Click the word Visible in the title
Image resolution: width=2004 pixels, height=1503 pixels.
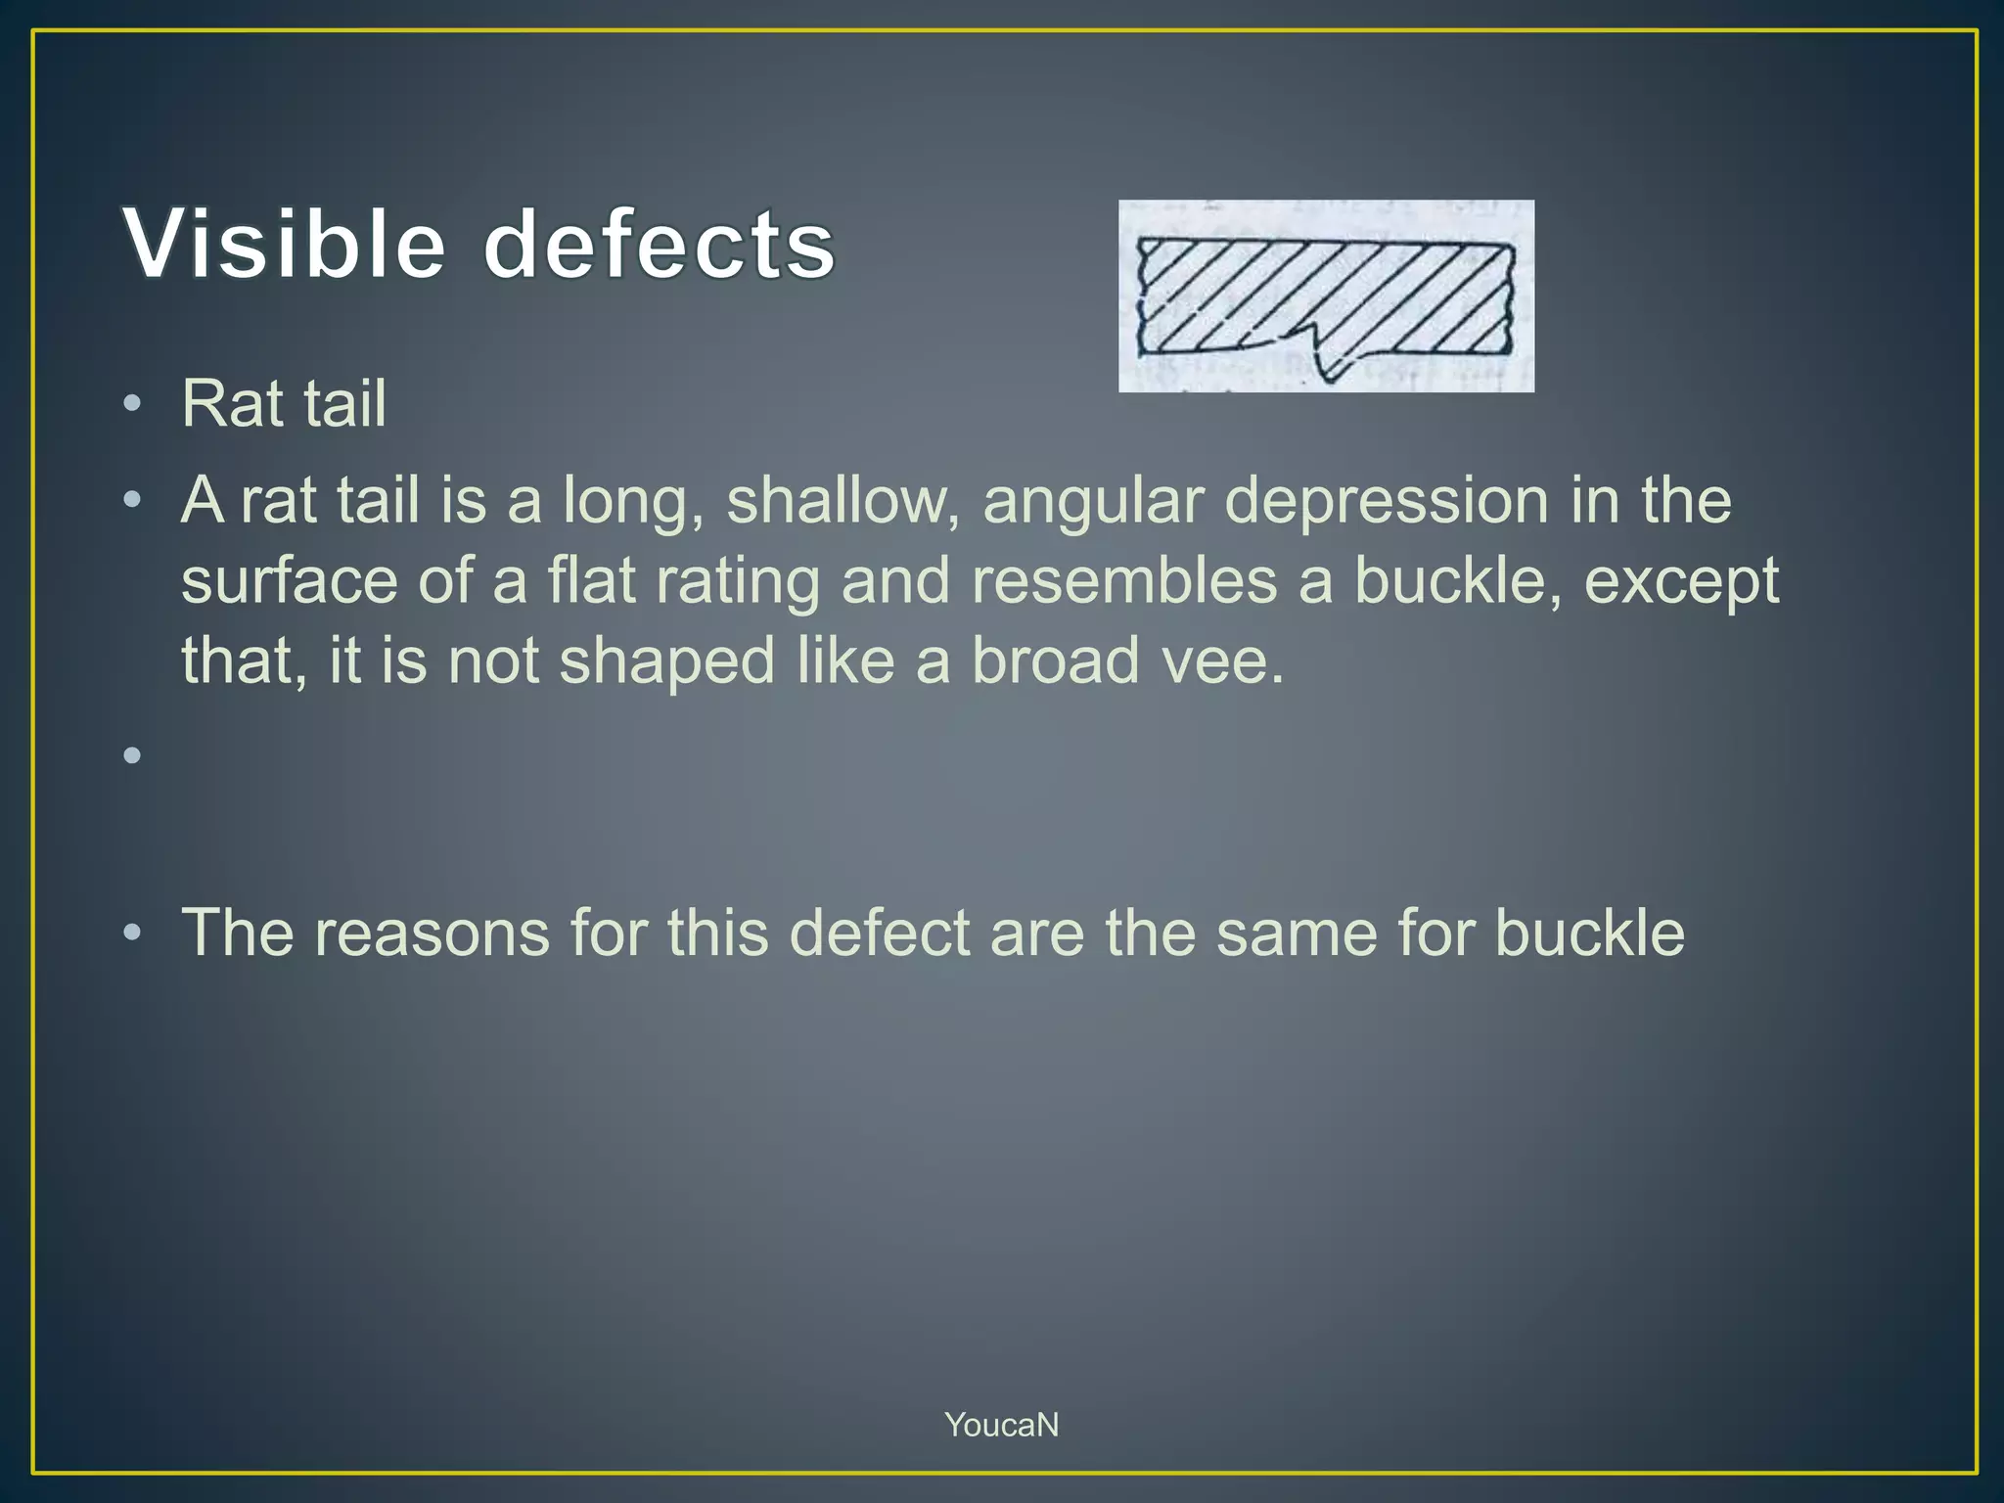coord(284,245)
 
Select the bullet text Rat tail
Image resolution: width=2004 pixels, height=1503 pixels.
coord(284,403)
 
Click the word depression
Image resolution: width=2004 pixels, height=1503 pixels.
coord(1387,500)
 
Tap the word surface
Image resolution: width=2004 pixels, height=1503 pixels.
coord(289,580)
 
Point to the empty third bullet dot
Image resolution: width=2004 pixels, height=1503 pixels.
coord(133,754)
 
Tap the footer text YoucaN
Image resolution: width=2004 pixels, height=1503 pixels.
coord(1001,1425)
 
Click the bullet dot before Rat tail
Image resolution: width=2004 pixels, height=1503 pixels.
coord(133,403)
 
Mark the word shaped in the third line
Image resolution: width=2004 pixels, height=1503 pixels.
coord(667,660)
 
